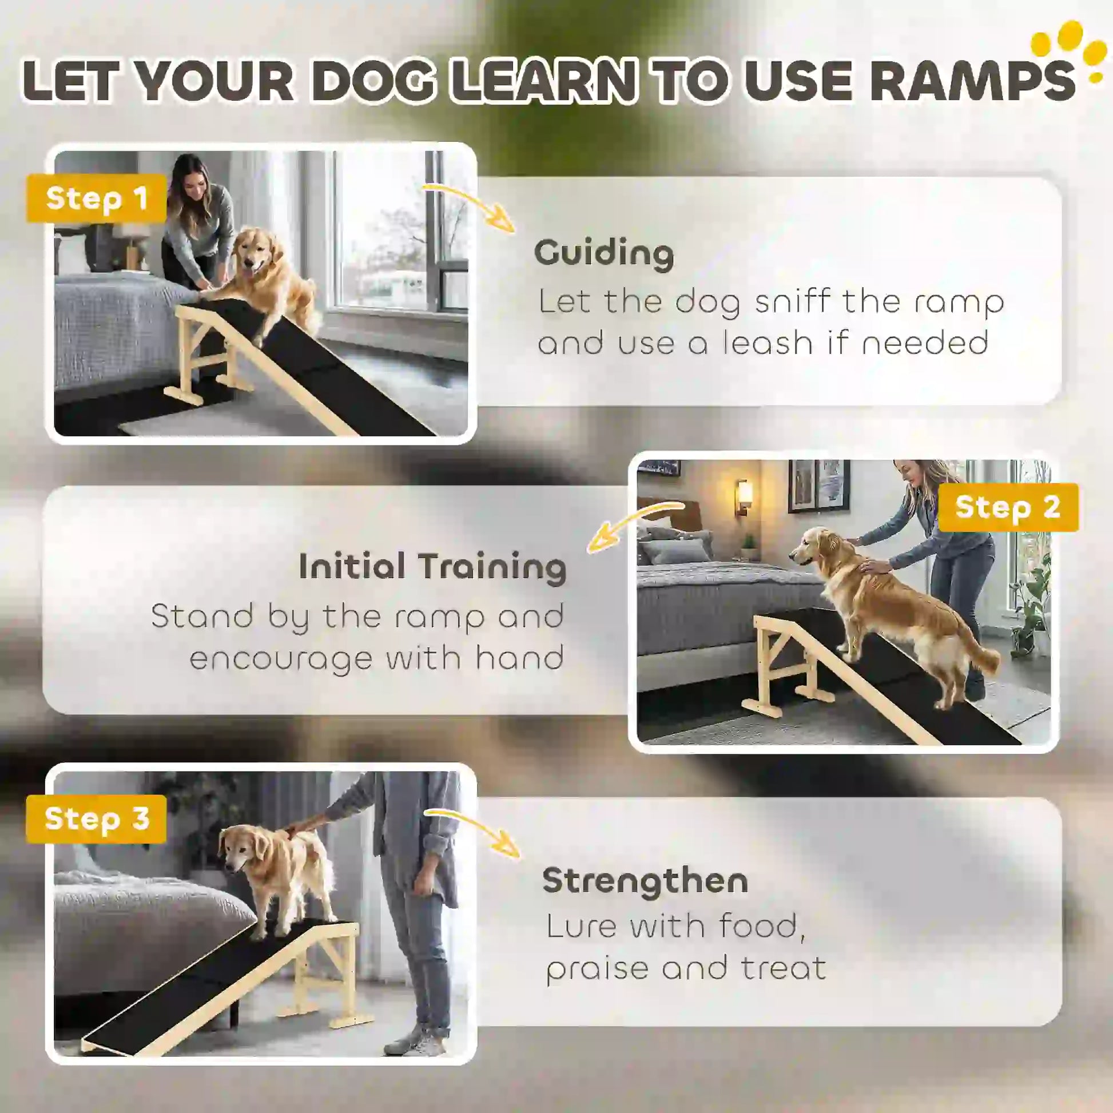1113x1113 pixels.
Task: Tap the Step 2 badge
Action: click(x=1008, y=507)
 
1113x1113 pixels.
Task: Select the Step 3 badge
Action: click(x=96, y=818)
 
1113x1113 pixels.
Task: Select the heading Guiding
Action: click(x=604, y=253)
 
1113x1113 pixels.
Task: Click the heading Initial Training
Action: click(x=432, y=567)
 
